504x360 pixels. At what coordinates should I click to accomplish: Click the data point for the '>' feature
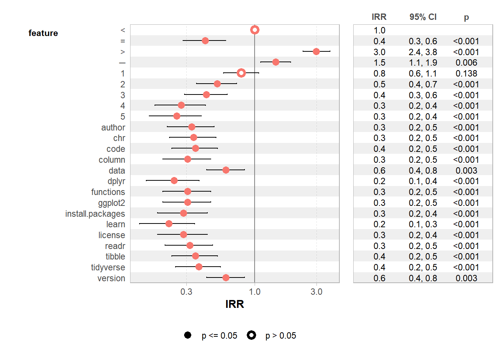click(316, 51)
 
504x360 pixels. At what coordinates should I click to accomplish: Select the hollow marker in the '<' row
click(255, 30)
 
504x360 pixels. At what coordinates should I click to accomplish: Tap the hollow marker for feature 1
click(241, 73)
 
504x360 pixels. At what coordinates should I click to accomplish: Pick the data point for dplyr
click(174, 181)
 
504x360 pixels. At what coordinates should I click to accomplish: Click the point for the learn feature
click(169, 224)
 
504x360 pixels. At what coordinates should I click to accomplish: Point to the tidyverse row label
click(108, 267)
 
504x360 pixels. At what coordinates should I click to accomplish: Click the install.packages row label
click(95, 214)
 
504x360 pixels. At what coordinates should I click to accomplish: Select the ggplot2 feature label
click(111, 203)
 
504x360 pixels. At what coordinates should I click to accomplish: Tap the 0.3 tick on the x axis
click(186, 292)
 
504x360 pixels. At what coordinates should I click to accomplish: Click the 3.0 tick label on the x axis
click(316, 292)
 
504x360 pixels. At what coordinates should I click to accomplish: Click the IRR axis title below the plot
click(235, 304)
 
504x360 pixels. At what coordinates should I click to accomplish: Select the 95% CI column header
click(423, 17)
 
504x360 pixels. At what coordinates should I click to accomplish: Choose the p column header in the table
click(466, 17)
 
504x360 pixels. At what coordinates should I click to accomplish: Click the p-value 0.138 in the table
click(466, 73)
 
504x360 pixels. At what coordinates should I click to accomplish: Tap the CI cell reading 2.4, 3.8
click(423, 52)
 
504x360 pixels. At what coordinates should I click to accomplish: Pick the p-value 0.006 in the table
click(466, 63)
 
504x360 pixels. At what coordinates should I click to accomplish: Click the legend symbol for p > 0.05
click(251, 335)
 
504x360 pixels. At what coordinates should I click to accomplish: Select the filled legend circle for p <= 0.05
click(188, 335)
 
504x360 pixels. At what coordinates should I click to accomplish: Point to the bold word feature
click(43, 33)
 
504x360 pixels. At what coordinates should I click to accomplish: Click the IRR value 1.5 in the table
click(379, 63)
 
